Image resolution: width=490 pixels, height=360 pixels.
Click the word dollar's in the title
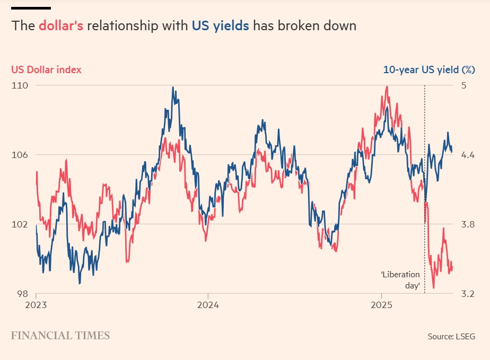(x=60, y=26)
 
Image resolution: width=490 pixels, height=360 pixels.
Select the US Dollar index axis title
(x=46, y=69)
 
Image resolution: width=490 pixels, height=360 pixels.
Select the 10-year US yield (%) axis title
(x=428, y=69)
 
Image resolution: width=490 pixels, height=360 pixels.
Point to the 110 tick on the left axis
(x=20, y=85)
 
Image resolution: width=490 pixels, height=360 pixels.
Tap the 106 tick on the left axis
(x=20, y=155)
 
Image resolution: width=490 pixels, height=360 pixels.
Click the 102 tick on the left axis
(x=20, y=224)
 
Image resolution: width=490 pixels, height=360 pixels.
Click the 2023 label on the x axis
(x=36, y=305)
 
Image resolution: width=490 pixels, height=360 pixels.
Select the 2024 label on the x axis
(x=208, y=305)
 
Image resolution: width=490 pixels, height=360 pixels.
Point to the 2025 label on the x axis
(x=381, y=305)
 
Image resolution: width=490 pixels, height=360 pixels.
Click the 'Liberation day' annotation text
(x=400, y=280)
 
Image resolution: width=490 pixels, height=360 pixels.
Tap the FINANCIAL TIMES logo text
(x=60, y=336)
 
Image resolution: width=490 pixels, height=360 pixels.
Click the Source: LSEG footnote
(x=451, y=336)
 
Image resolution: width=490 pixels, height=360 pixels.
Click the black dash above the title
(x=31, y=8)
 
